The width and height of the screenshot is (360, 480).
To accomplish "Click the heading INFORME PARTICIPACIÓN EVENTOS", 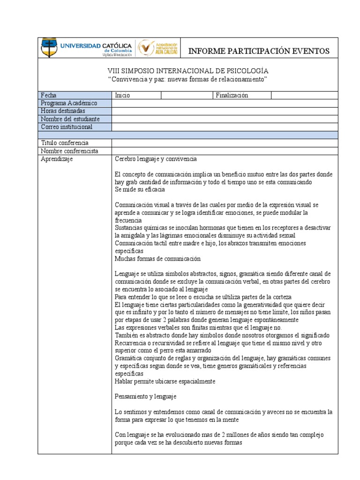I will tap(259, 51).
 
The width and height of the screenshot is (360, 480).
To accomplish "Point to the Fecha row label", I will tap(48, 95).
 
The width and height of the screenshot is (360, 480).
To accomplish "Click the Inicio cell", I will tap(122, 95).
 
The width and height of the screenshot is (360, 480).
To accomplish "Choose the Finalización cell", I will tap(232, 95).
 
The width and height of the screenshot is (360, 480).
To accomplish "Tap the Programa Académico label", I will tap(69, 103).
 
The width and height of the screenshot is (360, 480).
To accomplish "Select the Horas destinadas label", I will tap(63, 111).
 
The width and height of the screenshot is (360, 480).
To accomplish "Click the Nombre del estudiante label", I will tap(70, 119).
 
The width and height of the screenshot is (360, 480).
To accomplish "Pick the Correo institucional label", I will tap(67, 127).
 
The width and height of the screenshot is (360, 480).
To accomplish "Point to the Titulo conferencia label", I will tap(65, 142).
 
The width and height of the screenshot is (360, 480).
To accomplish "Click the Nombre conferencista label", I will tap(69, 151).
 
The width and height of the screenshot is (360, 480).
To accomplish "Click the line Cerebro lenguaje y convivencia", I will tap(156, 159).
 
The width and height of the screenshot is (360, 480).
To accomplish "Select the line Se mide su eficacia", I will tap(140, 190).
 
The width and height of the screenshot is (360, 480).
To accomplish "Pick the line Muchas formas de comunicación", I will tap(157, 259).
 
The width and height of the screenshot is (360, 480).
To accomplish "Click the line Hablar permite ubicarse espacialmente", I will tap(165, 381).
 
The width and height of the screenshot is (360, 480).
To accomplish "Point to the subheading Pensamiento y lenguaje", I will tap(145, 397).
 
